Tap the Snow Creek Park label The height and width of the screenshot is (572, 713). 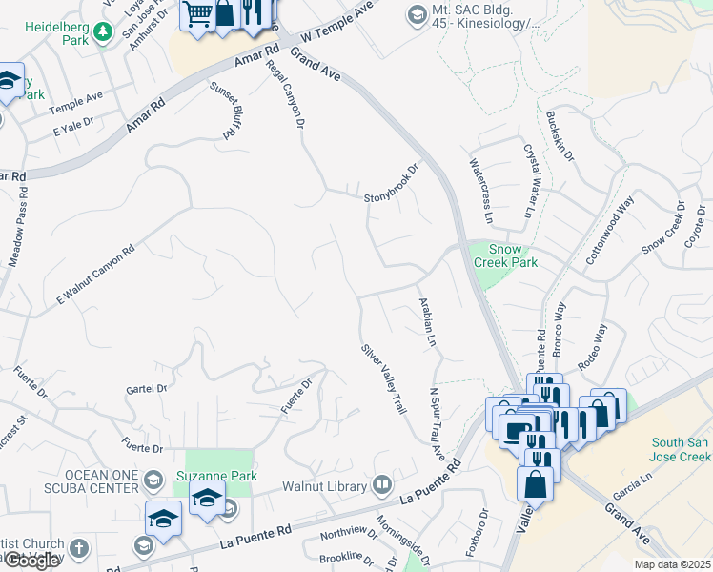click(x=507, y=255)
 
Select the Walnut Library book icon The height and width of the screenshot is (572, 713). click(x=382, y=486)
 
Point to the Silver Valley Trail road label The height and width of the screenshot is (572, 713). click(x=383, y=378)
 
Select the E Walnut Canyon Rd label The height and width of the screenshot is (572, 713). click(x=95, y=275)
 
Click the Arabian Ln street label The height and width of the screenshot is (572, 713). click(x=427, y=320)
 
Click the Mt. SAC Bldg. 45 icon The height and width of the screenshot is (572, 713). click(x=416, y=14)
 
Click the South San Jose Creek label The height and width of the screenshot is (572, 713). click(x=681, y=450)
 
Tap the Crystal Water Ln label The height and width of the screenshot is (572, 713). click(x=527, y=180)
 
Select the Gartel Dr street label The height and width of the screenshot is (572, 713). click(x=146, y=389)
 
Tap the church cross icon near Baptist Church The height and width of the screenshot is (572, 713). click(x=78, y=550)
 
